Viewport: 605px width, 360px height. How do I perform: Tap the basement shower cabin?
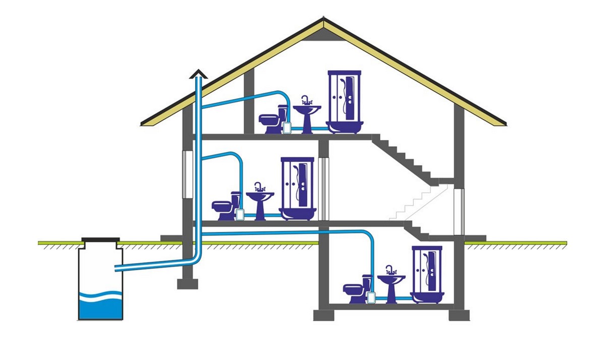click(427, 275)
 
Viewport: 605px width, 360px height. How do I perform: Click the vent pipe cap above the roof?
click(199, 74)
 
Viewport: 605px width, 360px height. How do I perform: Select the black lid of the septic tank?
click(101, 241)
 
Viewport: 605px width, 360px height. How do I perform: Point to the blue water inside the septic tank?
click(101, 306)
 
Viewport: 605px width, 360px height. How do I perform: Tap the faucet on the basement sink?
click(391, 269)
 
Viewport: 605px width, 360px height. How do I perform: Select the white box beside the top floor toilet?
click(287, 128)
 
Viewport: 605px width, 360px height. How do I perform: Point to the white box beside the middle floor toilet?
click(240, 215)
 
